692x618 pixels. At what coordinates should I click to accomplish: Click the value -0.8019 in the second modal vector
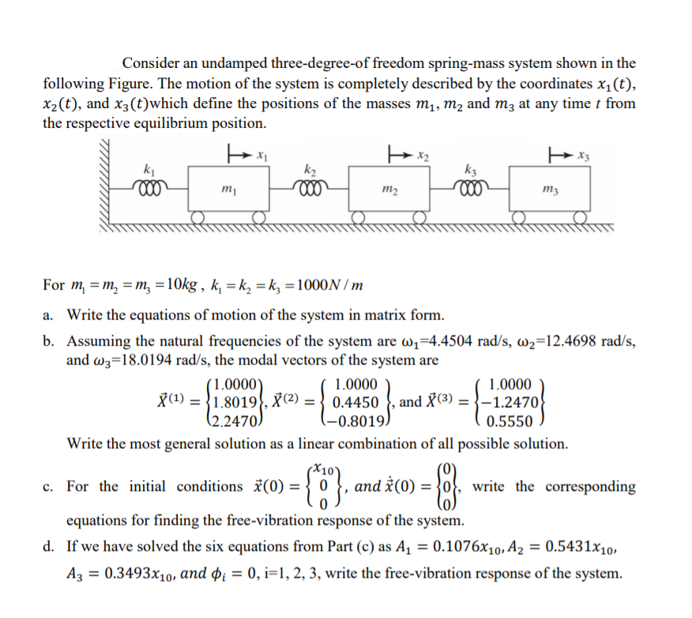pyautogui.click(x=358, y=419)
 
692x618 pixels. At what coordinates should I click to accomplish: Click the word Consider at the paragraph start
pyautogui.click(x=152, y=63)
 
